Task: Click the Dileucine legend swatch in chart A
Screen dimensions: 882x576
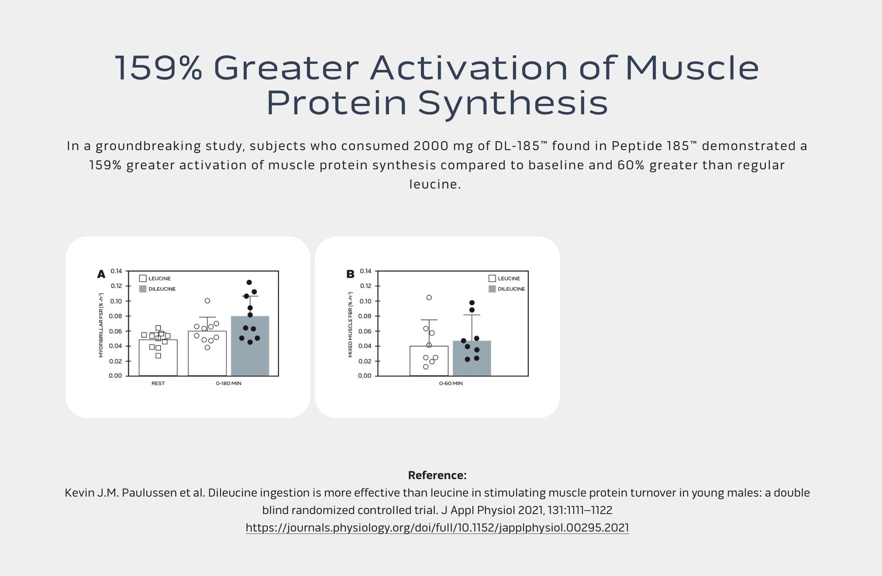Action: tap(142, 289)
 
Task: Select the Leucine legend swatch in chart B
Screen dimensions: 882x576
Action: tap(492, 278)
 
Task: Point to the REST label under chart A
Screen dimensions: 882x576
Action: tap(158, 384)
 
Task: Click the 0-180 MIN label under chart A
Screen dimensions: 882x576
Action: tap(228, 384)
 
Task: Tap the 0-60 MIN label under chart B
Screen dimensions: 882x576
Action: tap(451, 384)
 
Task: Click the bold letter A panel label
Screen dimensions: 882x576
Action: tap(101, 274)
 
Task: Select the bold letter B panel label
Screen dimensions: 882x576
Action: tap(350, 274)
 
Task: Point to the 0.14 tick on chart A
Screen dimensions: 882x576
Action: tap(116, 271)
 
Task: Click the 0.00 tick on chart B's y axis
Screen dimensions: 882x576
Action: tap(365, 376)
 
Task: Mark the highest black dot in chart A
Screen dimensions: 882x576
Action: tap(249, 282)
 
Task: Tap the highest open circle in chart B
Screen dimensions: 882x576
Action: tap(429, 298)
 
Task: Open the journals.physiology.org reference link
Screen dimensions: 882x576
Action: tap(437, 528)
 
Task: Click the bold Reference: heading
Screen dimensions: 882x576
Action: tap(437, 475)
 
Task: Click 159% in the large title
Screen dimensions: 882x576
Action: tap(158, 68)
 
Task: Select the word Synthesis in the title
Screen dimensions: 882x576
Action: tap(513, 104)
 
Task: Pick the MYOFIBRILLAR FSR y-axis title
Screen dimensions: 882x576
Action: tap(101, 325)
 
